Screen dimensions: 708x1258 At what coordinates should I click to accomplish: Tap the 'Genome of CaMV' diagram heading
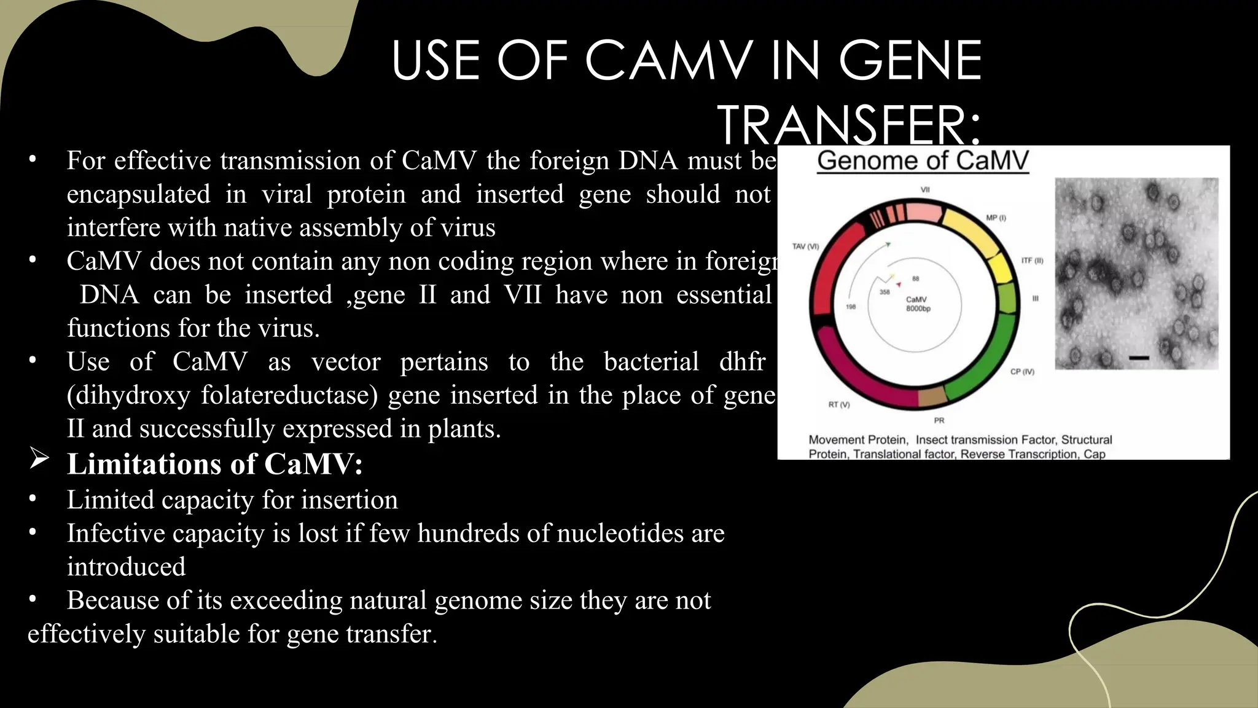coord(923,160)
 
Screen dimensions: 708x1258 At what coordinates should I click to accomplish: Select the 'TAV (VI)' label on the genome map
coord(805,246)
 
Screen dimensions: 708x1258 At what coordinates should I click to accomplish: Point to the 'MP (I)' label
coord(996,218)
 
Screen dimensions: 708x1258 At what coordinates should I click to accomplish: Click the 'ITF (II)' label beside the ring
coord(1032,261)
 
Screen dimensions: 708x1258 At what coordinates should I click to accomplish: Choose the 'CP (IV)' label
coord(1022,371)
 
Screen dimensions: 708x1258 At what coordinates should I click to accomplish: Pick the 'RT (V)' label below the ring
coord(838,404)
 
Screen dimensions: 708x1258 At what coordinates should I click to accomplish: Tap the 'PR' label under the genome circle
coord(939,420)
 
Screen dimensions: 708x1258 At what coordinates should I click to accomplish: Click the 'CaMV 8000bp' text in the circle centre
coord(918,304)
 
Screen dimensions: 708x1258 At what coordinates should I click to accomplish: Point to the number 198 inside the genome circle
coord(851,307)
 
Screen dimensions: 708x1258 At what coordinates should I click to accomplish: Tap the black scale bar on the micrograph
coord(1139,357)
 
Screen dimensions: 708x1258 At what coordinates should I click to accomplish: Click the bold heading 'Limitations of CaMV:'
coord(214,464)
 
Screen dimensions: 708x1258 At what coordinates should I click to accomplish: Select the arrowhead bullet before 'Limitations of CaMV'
coord(39,458)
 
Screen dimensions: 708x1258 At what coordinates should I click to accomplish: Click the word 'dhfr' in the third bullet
coord(742,361)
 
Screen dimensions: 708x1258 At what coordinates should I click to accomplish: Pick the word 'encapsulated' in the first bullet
coord(138,194)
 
